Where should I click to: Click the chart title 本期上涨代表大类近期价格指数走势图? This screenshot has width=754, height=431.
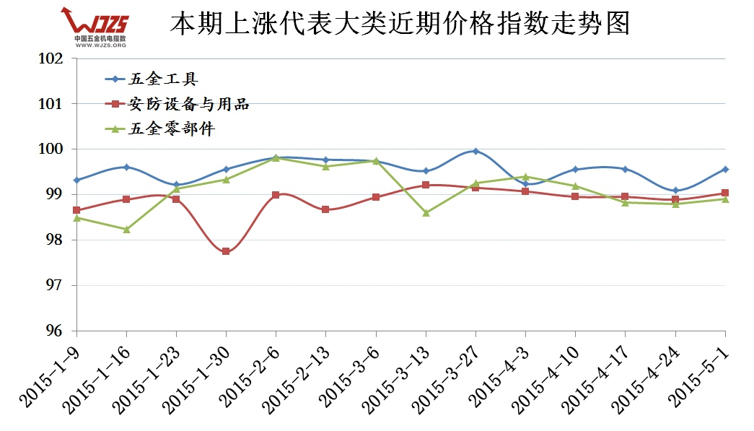400,24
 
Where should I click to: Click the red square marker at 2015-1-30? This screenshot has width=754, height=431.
226,251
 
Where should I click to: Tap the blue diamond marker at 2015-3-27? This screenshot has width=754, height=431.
475,151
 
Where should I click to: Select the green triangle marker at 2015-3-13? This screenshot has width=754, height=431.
426,212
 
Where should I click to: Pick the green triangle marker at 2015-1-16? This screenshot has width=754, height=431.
126,229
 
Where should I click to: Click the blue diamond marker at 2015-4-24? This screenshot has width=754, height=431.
675,191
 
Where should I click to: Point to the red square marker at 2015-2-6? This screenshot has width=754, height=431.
276,195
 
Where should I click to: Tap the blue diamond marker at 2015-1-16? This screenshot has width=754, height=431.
126,167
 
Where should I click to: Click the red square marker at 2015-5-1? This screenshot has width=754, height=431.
725,193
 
